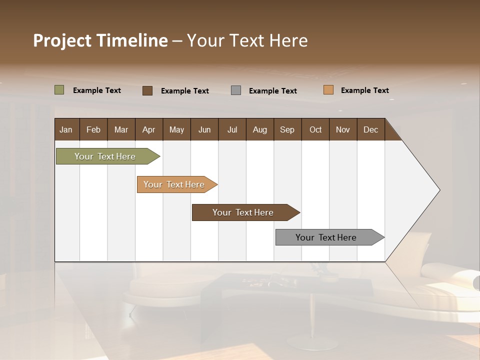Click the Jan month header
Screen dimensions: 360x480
click(x=66, y=129)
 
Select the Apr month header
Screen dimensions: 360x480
click(x=148, y=129)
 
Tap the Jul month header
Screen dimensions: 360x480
click(x=232, y=129)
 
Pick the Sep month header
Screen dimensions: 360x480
click(x=287, y=129)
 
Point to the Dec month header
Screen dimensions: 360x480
click(x=370, y=129)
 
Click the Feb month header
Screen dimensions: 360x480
click(x=93, y=129)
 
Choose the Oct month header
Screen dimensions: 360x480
click(x=315, y=129)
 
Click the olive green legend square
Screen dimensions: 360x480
click(x=59, y=90)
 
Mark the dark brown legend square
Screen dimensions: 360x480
click(x=147, y=90)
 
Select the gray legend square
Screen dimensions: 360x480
click(x=236, y=90)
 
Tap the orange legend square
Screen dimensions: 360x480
click(x=328, y=90)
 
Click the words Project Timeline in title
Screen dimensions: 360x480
click(x=100, y=40)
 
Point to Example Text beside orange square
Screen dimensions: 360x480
click(x=364, y=90)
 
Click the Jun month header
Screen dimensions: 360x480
click(x=204, y=129)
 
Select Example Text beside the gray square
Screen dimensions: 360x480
click(x=272, y=91)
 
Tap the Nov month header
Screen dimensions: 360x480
click(x=343, y=129)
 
